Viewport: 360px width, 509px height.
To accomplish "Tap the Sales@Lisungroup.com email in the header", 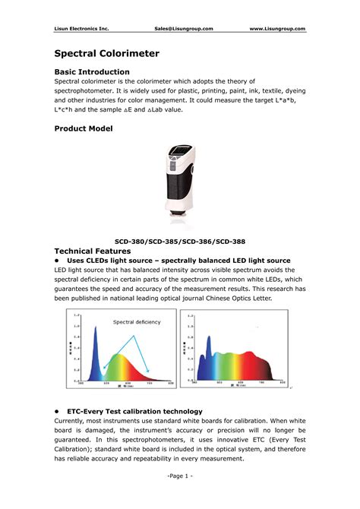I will (x=183, y=29).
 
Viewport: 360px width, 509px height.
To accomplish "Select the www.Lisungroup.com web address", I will (x=277, y=29).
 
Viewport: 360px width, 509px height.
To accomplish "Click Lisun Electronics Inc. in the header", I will (x=82, y=29).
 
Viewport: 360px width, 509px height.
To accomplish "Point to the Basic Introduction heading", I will (x=97, y=72).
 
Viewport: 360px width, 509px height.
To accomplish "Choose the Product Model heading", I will (x=84, y=129).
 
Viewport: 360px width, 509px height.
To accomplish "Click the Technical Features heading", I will (x=94, y=251).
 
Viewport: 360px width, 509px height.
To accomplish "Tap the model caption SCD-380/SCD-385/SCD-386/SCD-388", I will (x=180, y=242).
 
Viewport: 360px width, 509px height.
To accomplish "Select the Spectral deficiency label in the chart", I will (x=137, y=322).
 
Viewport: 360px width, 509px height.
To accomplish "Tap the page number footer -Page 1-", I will (x=180, y=476).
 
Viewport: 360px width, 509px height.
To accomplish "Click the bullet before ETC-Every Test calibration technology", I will (x=58, y=409).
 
